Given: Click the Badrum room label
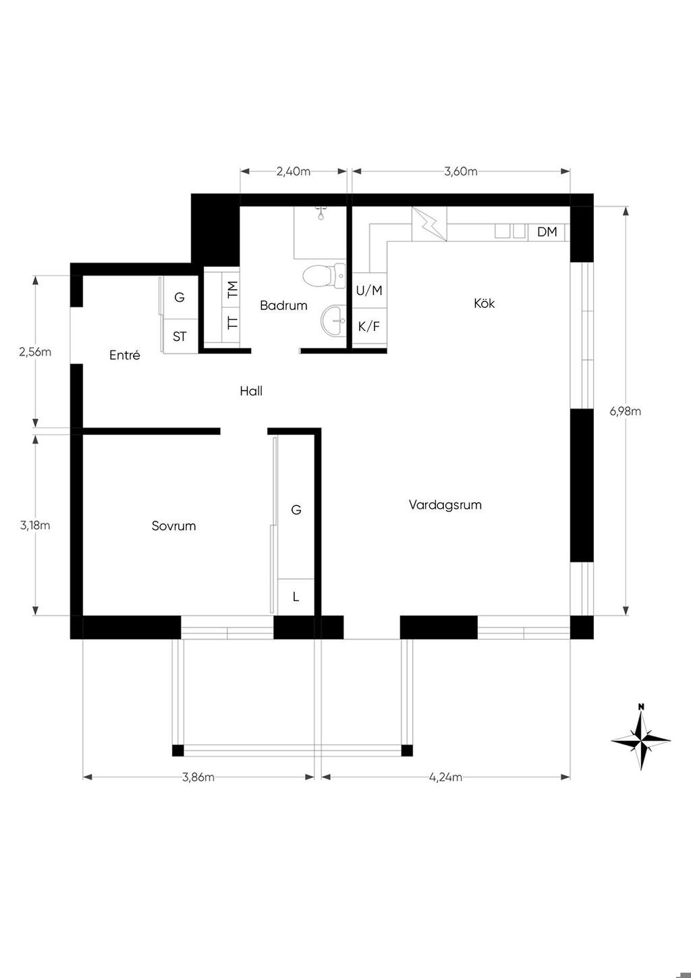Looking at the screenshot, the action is (x=283, y=305).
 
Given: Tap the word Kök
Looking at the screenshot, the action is (x=485, y=303).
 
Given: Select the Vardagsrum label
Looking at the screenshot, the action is (x=445, y=505).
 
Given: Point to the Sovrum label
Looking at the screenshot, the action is (x=173, y=525).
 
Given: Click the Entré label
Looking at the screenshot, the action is (x=125, y=355).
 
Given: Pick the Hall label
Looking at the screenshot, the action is (x=251, y=391).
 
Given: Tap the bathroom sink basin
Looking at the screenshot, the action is (x=334, y=320).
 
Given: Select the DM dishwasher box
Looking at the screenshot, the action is (x=547, y=232).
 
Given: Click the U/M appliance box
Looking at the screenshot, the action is (x=369, y=290).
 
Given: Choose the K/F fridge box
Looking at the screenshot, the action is (x=369, y=326).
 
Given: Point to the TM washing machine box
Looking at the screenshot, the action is (x=231, y=289).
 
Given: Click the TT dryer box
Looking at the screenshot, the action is (x=231, y=324).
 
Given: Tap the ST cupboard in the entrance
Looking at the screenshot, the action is (x=179, y=336).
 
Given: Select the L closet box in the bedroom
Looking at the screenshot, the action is (x=296, y=597).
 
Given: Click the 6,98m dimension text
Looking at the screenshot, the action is (x=626, y=411).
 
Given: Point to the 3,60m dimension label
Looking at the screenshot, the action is (x=461, y=172).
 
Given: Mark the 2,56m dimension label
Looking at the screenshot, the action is (x=35, y=351).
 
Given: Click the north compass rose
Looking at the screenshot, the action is (x=641, y=741).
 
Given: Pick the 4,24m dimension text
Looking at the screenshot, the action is (x=446, y=777).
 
